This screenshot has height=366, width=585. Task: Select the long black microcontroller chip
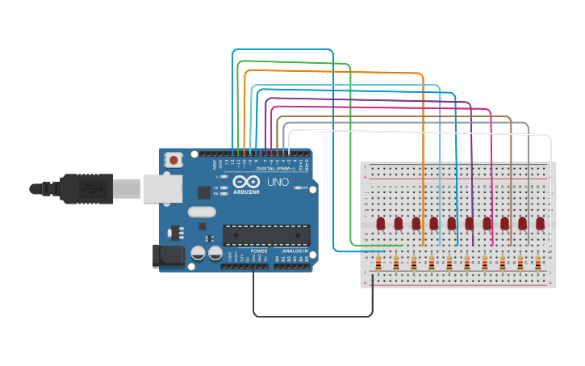tap(266, 235)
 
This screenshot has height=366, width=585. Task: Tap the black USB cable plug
tap(89, 189)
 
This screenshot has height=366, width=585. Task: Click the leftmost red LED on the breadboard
tap(381, 223)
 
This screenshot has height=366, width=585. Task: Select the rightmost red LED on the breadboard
tap(541, 223)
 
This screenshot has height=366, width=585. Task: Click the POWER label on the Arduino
tap(259, 251)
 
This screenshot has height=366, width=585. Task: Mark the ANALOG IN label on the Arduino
tap(294, 251)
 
